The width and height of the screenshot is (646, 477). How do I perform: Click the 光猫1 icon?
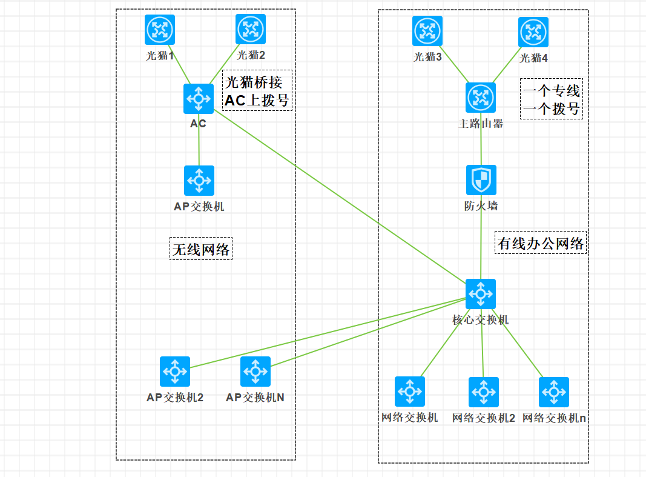point(160,30)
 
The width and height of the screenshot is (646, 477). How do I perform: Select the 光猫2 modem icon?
point(251,29)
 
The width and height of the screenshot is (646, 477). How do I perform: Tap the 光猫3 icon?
point(427,31)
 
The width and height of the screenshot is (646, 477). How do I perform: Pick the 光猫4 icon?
point(533,32)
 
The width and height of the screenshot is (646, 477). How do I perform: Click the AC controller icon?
point(199,99)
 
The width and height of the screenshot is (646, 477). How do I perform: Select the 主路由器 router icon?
point(481,98)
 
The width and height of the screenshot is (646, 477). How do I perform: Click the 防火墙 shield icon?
point(481,180)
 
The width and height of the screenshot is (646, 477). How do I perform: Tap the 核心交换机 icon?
point(481,294)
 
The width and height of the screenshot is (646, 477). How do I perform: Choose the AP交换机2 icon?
point(175,372)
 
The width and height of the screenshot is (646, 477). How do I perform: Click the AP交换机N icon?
point(255,372)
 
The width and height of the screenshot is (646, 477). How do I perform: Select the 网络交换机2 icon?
point(484,392)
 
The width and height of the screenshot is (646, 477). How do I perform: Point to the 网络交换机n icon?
point(554,392)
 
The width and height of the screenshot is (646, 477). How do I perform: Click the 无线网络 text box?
point(201,249)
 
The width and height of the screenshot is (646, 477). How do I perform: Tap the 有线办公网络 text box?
point(541,242)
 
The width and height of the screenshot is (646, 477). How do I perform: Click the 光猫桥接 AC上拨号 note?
point(257,90)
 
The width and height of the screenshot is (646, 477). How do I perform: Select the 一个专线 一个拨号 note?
point(551,99)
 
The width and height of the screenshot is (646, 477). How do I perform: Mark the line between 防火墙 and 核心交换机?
point(481,242)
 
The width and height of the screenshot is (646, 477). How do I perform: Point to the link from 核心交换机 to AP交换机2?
point(327,333)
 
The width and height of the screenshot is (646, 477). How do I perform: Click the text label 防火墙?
point(481,206)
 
